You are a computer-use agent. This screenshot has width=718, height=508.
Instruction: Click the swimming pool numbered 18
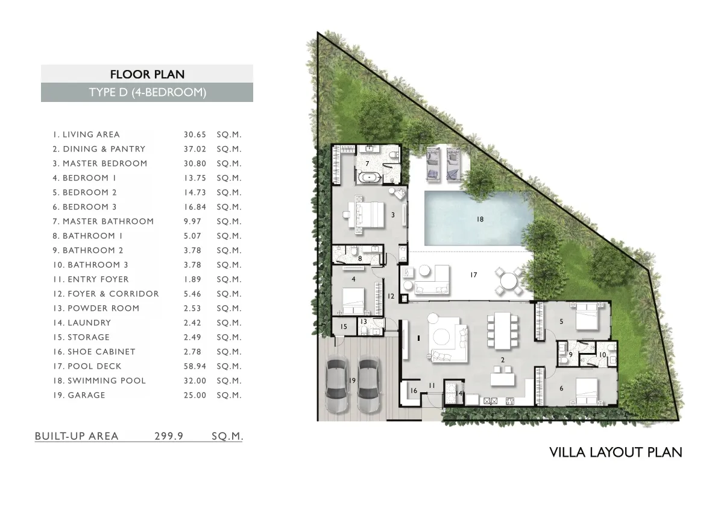point(479,218)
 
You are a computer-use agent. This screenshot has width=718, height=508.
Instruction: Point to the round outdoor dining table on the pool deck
point(508,281)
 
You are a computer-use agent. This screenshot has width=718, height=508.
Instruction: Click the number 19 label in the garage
point(352,380)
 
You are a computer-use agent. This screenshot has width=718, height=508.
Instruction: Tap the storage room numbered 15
point(344,326)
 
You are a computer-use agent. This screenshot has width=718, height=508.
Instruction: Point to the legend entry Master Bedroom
point(100,164)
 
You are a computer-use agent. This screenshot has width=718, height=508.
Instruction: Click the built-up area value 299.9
point(169,436)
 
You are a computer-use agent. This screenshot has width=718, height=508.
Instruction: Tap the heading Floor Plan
point(148,74)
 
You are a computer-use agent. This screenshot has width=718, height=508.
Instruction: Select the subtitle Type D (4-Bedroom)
point(148,92)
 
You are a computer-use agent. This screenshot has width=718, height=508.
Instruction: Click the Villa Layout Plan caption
point(616,452)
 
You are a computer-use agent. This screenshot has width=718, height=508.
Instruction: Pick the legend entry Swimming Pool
point(99,381)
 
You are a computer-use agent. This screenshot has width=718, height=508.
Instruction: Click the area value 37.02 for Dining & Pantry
point(195,149)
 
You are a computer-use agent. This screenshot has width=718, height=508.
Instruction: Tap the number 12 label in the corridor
point(391,296)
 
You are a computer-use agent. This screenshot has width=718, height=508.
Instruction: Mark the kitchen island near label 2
point(502,379)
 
